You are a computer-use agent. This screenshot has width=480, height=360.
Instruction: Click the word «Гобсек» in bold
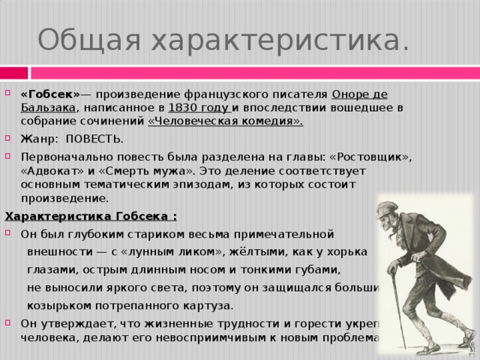pos(48,94)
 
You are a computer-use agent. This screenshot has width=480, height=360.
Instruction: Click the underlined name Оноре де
pos(359,94)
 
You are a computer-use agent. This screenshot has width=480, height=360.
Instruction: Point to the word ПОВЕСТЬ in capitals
pos(94,139)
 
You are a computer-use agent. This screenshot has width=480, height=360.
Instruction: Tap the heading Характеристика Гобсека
pos(91,217)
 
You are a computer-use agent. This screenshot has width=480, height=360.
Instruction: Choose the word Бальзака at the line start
pos(48,108)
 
